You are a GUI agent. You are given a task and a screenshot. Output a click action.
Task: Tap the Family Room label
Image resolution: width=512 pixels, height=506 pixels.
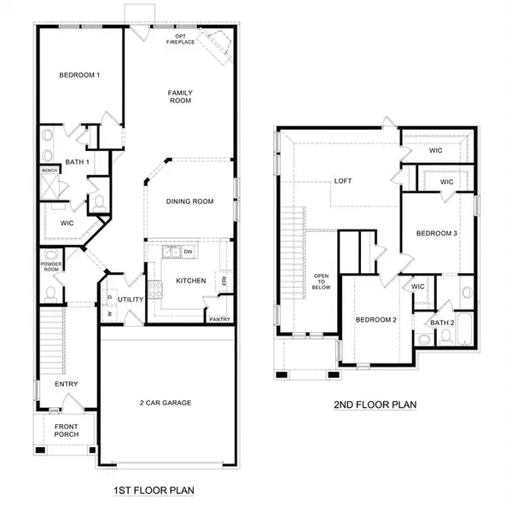pyautogui.click(x=179, y=96)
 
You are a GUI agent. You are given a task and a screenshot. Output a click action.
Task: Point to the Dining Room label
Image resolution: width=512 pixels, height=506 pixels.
pyautogui.click(x=189, y=201)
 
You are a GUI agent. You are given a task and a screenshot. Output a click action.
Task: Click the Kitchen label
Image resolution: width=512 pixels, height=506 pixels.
pyautogui.click(x=190, y=280)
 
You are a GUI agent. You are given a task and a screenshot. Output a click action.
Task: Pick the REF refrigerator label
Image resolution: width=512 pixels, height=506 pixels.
pyautogui.click(x=224, y=280)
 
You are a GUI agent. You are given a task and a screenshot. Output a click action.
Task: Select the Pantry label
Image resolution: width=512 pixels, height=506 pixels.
pyautogui.click(x=219, y=319)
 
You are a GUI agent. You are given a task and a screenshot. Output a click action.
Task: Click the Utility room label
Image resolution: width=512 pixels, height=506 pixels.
pyautogui.click(x=131, y=300)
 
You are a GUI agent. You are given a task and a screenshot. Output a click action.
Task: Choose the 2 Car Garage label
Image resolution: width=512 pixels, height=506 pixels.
pyautogui.click(x=166, y=402)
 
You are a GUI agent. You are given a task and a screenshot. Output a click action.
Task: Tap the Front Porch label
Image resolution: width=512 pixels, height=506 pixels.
pyautogui.click(x=67, y=430)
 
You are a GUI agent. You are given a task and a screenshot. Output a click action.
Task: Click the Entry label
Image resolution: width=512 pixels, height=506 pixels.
pyautogui.click(x=67, y=384)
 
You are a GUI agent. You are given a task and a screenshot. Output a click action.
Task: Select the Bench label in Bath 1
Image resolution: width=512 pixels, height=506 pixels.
pyautogui.click(x=49, y=171)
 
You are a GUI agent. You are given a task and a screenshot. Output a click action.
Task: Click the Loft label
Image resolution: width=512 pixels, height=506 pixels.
pyautogui.click(x=343, y=181)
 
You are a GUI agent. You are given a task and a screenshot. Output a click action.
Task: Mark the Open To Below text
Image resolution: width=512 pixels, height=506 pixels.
pyautogui.click(x=322, y=282)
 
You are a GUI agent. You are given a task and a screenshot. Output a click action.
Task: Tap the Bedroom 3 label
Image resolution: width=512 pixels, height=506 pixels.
pyautogui.click(x=437, y=234)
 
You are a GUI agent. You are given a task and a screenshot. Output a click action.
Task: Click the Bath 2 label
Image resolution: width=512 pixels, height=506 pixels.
pyautogui.click(x=441, y=323)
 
